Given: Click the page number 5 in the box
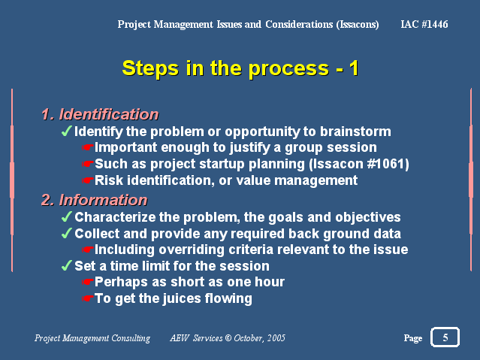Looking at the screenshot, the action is point(445,337).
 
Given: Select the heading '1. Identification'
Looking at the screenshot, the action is point(100,114).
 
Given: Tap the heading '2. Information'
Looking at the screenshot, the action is point(95,200).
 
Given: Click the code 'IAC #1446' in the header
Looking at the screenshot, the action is point(424,24).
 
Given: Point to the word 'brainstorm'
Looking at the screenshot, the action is point(355,132).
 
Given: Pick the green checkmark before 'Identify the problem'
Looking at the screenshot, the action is point(66,131).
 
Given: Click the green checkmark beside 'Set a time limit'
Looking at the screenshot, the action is point(66,265).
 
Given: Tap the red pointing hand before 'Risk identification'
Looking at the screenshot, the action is point(88,180).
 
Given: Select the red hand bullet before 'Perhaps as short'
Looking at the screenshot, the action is point(88,282).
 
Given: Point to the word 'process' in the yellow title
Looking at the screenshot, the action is point(288,68).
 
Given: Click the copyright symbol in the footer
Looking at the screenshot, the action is point(228,338).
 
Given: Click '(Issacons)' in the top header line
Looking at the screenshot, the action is point(358,25).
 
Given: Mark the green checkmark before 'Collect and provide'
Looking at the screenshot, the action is point(66,233).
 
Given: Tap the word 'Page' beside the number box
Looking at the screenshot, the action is point(413,338).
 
